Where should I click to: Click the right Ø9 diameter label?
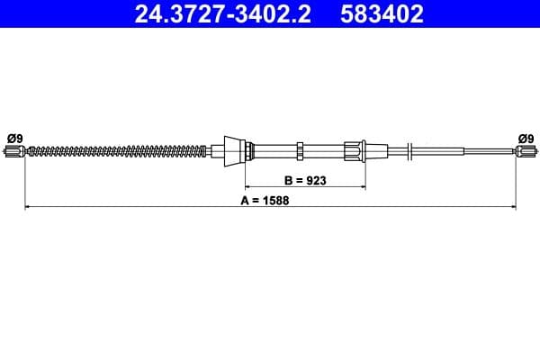[x=526, y=138]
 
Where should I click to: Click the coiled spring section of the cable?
[x=117, y=150]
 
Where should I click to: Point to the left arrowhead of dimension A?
[x=27, y=208]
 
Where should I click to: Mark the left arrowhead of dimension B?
[x=249, y=187]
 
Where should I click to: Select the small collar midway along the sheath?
[x=300, y=149]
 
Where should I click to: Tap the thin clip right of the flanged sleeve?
[x=409, y=150]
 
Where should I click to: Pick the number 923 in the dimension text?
[x=314, y=180]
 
